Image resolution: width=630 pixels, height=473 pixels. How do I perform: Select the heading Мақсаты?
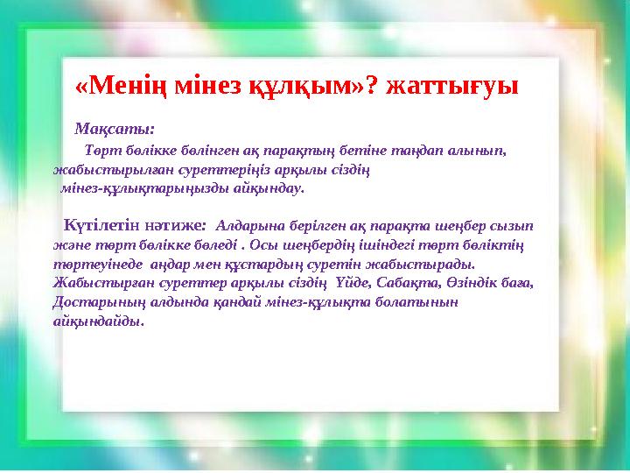click(115, 129)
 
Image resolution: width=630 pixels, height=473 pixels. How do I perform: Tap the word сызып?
click(510, 225)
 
